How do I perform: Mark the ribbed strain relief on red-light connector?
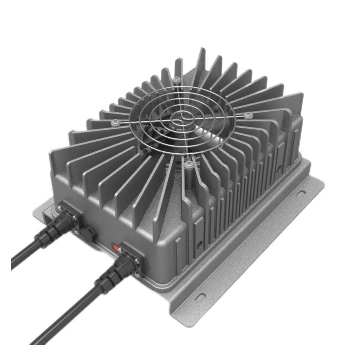(x=108, y=278)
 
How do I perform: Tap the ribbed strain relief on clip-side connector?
(x=47, y=235)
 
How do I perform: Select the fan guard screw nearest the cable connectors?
(x=188, y=164)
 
